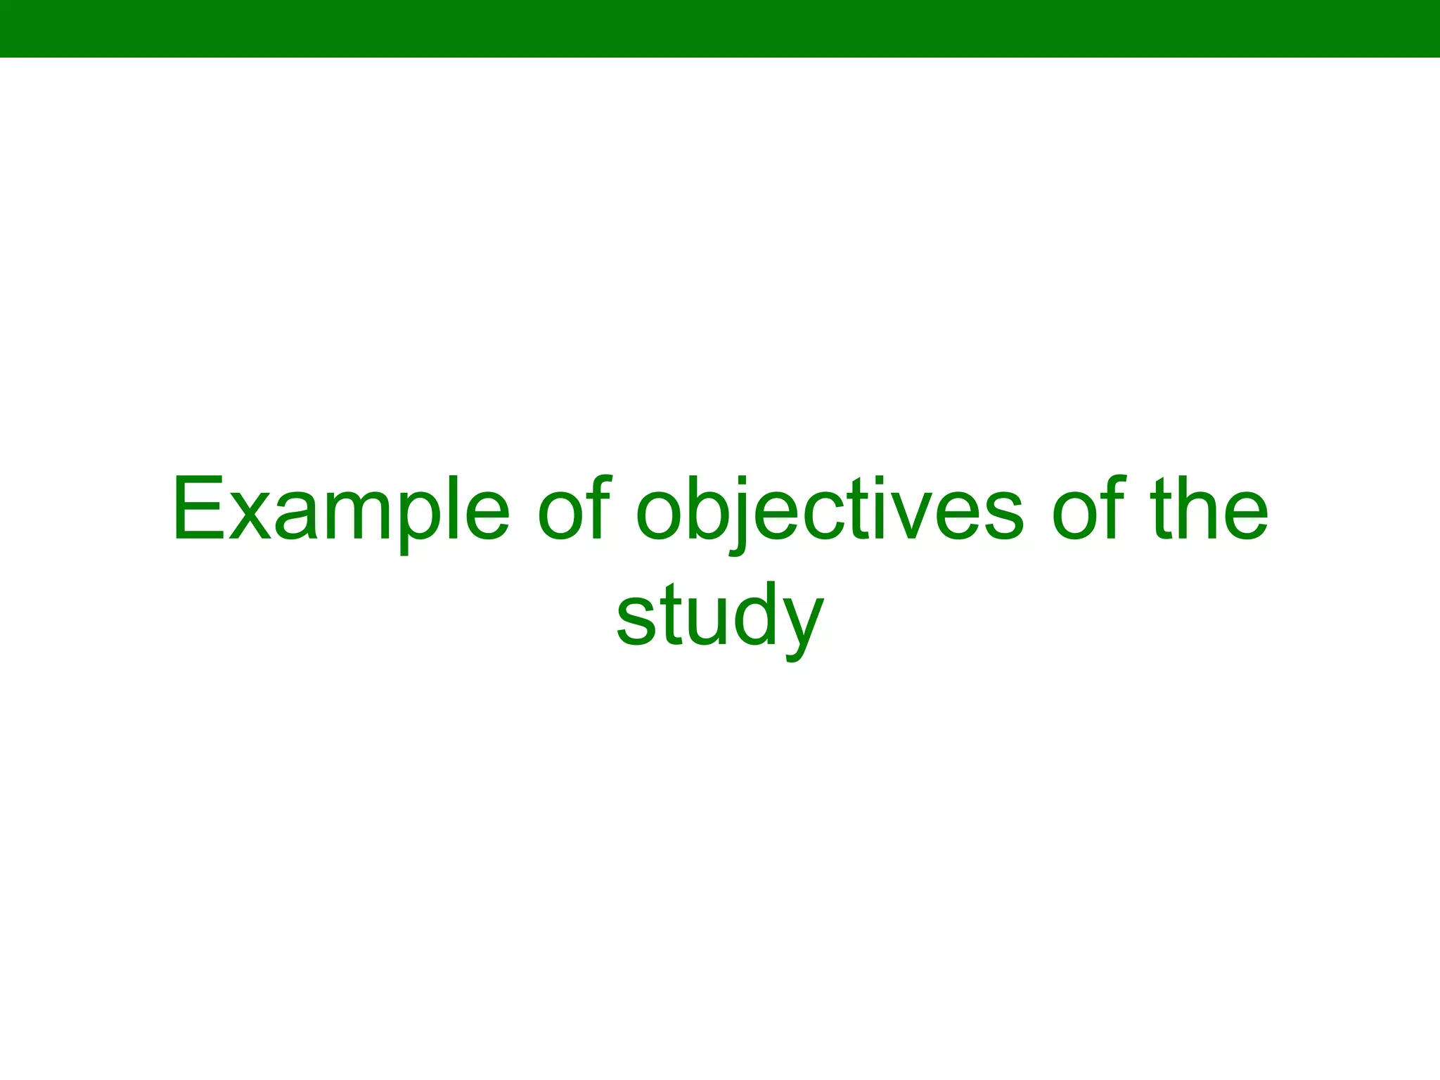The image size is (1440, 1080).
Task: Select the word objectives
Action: point(830,509)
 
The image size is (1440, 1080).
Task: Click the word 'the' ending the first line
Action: point(1209,509)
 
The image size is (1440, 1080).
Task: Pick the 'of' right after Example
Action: point(574,509)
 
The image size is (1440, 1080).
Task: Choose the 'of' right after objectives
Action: point(1087,509)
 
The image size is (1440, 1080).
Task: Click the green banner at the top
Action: point(720,28)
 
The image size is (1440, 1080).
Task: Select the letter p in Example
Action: point(429,524)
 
